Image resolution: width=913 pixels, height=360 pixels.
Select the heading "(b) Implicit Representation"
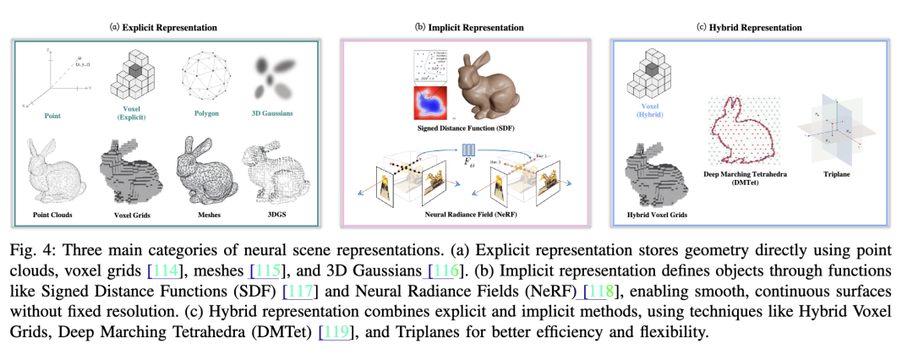[x=469, y=28]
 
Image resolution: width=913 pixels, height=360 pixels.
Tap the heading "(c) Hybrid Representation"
[x=749, y=28]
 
